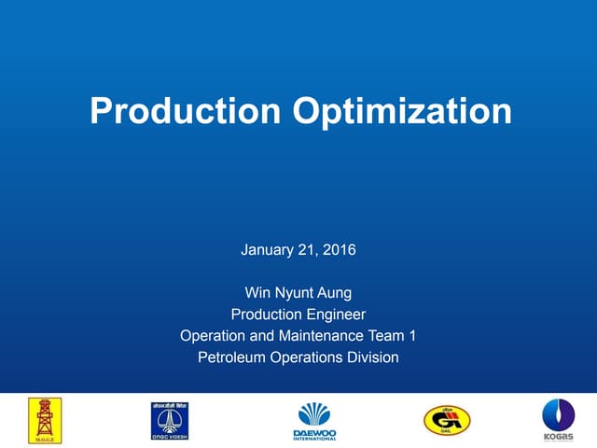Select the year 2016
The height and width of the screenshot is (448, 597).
[x=340, y=250]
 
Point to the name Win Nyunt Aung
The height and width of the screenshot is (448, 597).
[x=298, y=293]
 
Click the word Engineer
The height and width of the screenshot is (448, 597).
[x=333, y=315]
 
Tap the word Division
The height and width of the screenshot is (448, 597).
[x=371, y=357]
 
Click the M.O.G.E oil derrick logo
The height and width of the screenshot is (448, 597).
[x=44, y=421]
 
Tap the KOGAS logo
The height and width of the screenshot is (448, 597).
[x=559, y=421]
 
